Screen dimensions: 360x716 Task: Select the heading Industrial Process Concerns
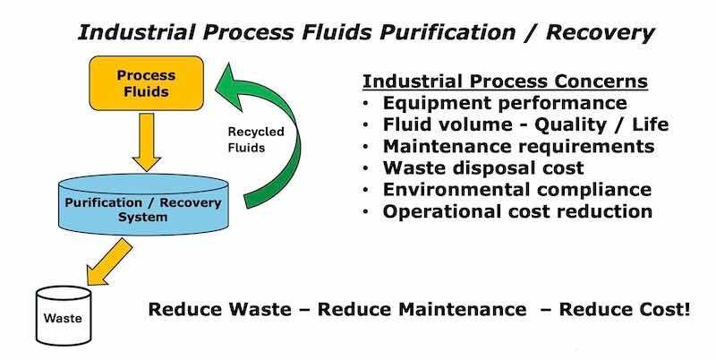[x=505, y=82]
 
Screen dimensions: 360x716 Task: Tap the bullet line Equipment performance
[x=505, y=103]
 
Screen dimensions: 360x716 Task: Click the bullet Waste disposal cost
[x=483, y=167]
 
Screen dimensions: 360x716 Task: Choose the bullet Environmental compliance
[x=516, y=190]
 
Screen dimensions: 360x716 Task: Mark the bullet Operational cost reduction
[x=517, y=211]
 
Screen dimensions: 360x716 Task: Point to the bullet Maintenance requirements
[x=518, y=146]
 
